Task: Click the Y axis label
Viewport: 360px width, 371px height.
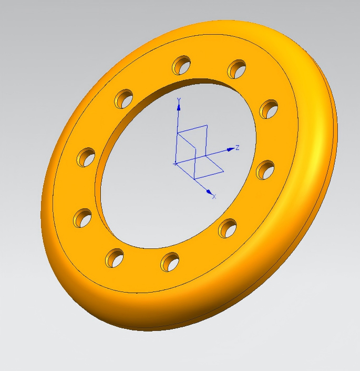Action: (179, 100)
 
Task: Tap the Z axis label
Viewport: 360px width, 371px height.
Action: (238, 148)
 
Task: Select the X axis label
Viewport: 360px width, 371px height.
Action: (214, 197)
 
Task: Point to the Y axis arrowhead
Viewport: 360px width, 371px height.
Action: (179, 107)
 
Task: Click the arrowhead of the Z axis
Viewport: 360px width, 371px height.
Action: (231, 149)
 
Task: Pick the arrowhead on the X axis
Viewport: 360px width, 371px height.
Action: (209, 192)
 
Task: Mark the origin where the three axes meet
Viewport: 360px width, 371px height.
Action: (176, 163)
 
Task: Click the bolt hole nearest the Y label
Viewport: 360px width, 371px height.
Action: (181, 65)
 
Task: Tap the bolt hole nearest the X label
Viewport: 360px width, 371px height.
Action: (228, 228)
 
